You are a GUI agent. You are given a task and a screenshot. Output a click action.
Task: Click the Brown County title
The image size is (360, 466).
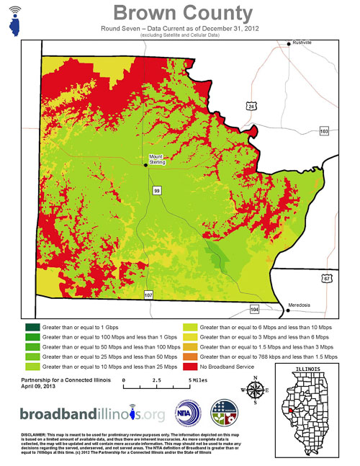click(184, 13)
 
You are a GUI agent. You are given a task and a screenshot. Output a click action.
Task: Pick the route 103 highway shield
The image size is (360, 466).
click(323, 131)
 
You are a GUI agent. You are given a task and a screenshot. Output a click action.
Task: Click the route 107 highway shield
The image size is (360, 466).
click(148, 295)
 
